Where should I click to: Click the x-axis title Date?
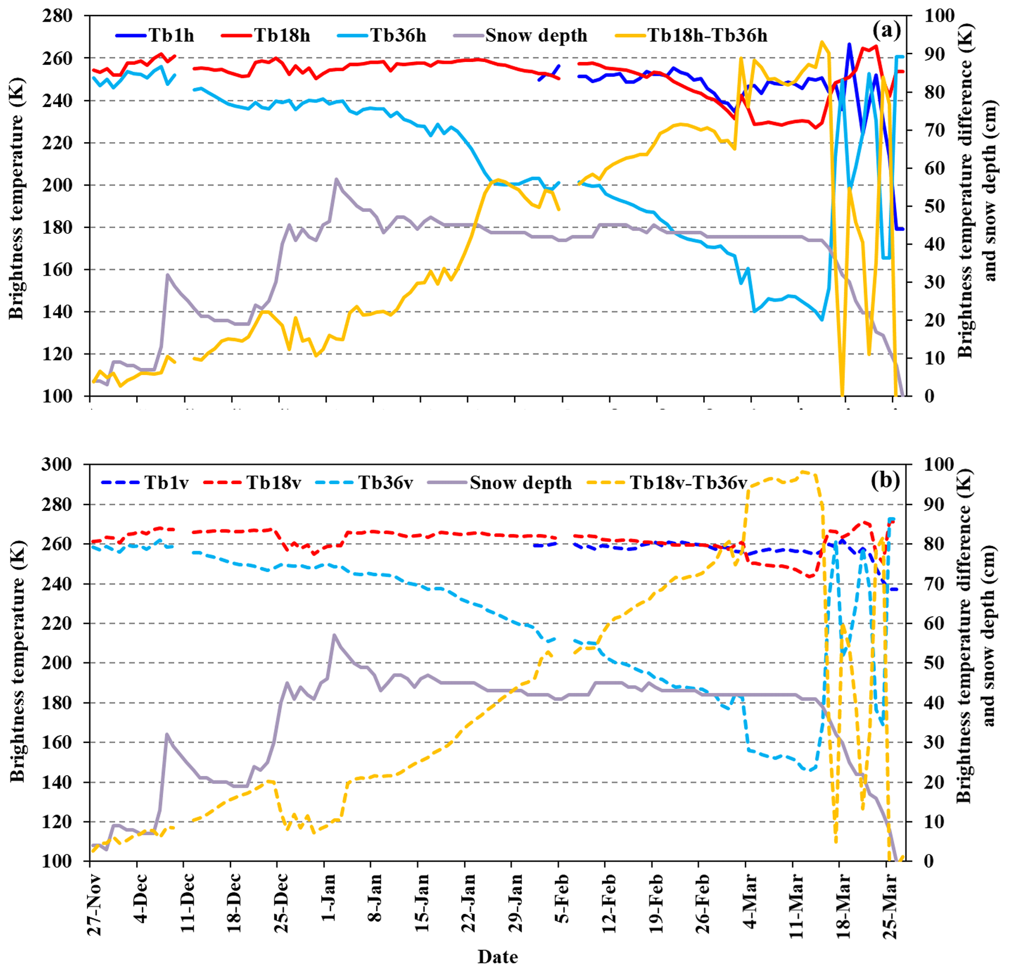pyautogui.click(x=497, y=956)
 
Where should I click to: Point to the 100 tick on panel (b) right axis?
pyautogui.click(x=939, y=464)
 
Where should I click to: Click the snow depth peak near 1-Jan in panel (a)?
pyautogui.click(x=336, y=179)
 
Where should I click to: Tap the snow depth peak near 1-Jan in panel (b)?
pyautogui.click(x=334, y=635)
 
